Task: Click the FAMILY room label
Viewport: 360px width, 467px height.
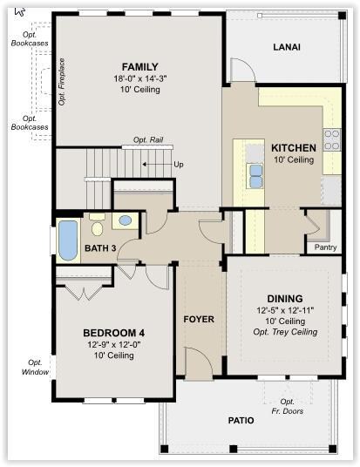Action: tap(139, 67)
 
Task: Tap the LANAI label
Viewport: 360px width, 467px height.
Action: tap(287, 47)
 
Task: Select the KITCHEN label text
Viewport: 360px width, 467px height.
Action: tap(294, 148)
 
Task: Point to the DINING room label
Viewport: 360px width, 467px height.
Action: tap(285, 299)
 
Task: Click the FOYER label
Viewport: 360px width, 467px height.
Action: tap(199, 319)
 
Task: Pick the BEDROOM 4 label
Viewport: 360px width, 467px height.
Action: tap(114, 333)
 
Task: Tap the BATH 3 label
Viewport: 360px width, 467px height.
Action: tap(100, 248)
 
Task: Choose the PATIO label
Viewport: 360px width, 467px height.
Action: tap(241, 420)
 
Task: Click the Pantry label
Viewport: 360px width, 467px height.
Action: tap(325, 247)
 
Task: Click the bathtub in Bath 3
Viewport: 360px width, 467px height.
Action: tap(68, 240)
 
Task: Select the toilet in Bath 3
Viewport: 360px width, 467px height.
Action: tap(97, 226)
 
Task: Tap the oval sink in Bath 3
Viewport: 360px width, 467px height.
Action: tap(126, 220)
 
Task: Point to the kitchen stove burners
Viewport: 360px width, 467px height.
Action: tap(332, 139)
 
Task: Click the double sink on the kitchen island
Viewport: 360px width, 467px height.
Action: tap(256, 176)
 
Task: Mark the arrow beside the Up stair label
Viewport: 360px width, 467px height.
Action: tap(156, 164)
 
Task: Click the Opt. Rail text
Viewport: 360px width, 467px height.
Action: tap(148, 139)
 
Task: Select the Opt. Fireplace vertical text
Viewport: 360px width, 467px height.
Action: tap(61, 82)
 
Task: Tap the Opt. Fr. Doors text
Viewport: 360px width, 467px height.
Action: tap(288, 406)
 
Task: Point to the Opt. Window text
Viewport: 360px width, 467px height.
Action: tap(35, 367)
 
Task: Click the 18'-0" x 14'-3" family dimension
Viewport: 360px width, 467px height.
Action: tap(140, 78)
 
